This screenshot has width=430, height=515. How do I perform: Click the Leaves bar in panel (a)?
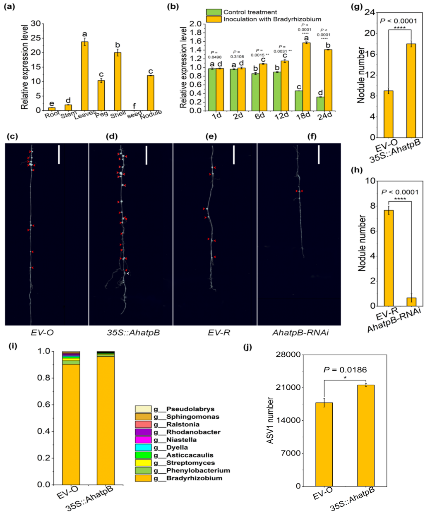tap(85, 76)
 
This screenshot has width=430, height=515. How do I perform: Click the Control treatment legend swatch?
tap(214, 12)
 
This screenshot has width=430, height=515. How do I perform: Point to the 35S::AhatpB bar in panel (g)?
tap(411, 91)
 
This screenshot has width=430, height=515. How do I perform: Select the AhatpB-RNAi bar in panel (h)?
tap(411, 302)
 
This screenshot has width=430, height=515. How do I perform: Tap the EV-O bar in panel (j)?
tap(324, 444)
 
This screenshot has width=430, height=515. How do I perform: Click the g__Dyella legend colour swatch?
tap(143, 448)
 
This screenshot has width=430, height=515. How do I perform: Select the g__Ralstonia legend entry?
tap(183, 424)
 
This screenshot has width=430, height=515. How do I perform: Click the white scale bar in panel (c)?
tap(59, 155)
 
